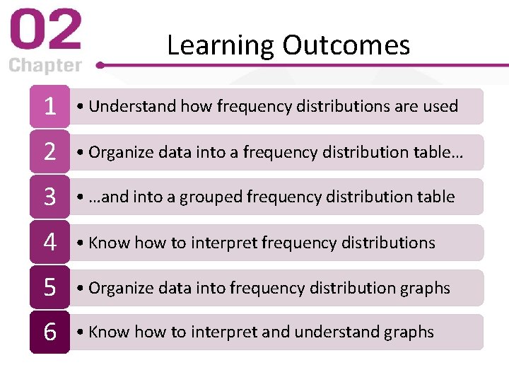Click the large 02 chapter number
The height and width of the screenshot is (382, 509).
click(45, 31)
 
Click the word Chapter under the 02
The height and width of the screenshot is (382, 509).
click(45, 66)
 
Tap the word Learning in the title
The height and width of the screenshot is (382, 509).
click(221, 45)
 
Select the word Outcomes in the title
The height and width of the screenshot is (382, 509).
click(346, 45)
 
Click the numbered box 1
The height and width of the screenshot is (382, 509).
click(49, 106)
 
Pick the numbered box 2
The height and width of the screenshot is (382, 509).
click(49, 151)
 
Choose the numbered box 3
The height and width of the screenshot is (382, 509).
click(49, 197)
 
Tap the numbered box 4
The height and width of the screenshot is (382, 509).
click(49, 242)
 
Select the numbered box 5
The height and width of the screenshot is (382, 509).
click(49, 287)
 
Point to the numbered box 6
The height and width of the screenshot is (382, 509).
click(49, 332)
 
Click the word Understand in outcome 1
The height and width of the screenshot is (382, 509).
click(133, 106)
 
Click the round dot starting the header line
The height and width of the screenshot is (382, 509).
click(101, 64)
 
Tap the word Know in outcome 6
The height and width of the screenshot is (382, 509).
click(109, 332)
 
